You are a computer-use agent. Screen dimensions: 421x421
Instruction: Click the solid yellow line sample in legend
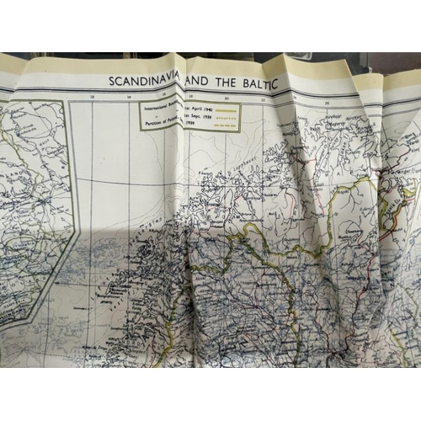pyautogui.click(x=226, y=109)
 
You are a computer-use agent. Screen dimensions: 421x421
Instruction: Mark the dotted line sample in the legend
pyautogui.click(x=226, y=120)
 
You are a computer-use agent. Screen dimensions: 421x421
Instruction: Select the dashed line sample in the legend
pyautogui.click(x=226, y=128)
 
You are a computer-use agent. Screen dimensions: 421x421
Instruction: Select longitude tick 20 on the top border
pyautogui.click(x=228, y=99)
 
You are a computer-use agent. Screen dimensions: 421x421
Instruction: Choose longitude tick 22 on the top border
pyautogui.click(x=262, y=99)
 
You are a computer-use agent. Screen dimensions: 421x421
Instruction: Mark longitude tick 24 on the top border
pyautogui.click(x=294, y=101)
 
